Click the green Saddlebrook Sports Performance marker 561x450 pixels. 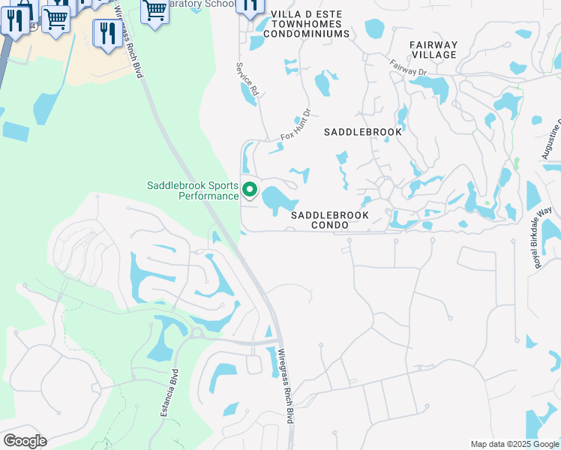(x=249, y=190)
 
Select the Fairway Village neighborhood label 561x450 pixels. (x=433, y=49)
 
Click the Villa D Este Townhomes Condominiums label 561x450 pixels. (x=310, y=24)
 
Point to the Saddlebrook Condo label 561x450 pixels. (x=330, y=220)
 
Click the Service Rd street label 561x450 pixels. (x=247, y=79)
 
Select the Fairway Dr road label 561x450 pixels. (x=408, y=67)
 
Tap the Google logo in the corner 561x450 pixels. (x=25, y=440)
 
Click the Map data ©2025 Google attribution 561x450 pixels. (x=514, y=444)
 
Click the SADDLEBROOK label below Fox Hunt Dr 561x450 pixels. (x=362, y=132)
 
